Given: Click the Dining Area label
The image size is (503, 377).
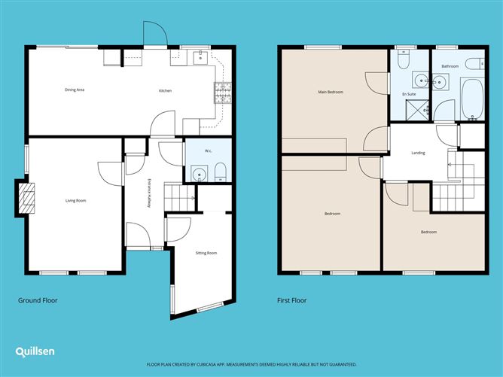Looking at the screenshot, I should tap(74, 90).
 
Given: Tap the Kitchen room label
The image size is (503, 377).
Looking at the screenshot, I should tap(165, 91).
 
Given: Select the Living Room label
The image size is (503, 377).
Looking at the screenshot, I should tap(75, 200).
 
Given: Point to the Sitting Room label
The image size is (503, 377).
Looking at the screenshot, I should tap(206, 253).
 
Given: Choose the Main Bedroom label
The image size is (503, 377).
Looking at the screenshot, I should tap(331, 92).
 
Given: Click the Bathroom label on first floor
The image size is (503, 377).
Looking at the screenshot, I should tap(450, 66).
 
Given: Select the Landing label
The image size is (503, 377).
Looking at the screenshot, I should tap(418, 153).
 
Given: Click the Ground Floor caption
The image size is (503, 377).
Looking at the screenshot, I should tap(38, 300).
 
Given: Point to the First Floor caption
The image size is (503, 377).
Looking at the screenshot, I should tap(291, 300).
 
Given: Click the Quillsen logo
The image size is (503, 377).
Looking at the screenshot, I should tap(34, 351).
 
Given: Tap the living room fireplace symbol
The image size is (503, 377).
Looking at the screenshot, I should tap(26, 199).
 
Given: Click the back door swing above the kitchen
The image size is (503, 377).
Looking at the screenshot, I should tap(153, 33).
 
